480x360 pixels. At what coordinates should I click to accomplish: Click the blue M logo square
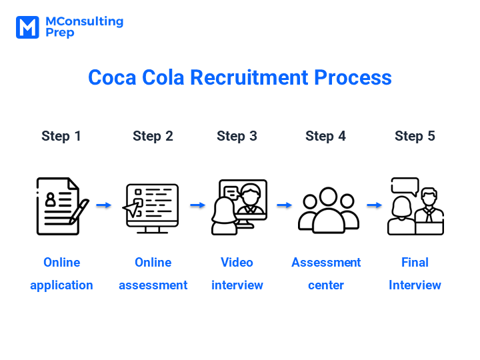pos(27,27)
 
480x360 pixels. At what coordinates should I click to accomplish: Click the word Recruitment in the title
pos(249,77)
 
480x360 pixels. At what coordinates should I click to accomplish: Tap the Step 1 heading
pos(61,136)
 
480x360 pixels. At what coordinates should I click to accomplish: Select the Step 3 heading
pos(237,136)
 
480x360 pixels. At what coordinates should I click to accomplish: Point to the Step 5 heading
pos(415,136)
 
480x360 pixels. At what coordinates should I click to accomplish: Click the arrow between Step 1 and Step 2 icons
pos(104,205)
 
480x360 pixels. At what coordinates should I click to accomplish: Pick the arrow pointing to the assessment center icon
pos(285,205)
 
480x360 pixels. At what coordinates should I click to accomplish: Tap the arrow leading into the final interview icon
pos(375,205)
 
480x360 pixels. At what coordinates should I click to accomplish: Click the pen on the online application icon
pos(79,211)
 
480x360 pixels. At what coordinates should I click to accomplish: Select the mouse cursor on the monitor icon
pos(131,209)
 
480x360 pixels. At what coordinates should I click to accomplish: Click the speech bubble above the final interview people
pos(405,187)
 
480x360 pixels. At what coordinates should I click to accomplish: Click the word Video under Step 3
pos(237,263)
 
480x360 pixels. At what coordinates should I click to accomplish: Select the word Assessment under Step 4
pos(326,263)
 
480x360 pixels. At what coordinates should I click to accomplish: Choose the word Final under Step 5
pos(415,263)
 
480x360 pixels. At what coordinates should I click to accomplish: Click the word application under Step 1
pos(61,285)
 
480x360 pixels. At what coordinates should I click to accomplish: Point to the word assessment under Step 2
pos(153,285)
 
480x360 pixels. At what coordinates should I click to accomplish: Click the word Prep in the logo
pos(60,33)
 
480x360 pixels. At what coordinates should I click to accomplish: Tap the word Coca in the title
pos(112,77)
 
